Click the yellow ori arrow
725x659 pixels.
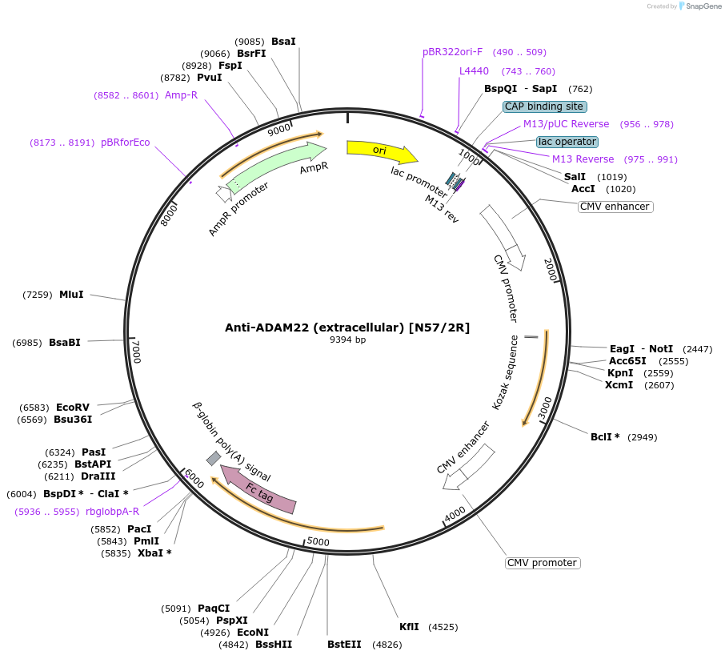click(x=381, y=151)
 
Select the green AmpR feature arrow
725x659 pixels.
click(x=276, y=166)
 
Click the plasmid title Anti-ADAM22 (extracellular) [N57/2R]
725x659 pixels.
click(x=347, y=327)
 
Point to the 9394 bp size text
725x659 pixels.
click(x=347, y=340)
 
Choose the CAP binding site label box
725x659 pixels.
click(x=545, y=106)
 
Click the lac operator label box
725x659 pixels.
click(x=567, y=142)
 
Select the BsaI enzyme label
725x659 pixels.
click(x=283, y=41)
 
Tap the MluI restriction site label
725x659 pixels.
click(x=71, y=295)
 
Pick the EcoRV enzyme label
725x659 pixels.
click(x=73, y=408)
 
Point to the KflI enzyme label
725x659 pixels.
click(x=409, y=627)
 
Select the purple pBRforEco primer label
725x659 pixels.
click(x=126, y=143)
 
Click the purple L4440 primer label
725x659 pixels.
click(x=474, y=71)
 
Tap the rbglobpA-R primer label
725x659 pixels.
click(x=112, y=512)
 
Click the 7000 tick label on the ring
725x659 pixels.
click(x=137, y=352)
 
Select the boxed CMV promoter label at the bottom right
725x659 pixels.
click(x=543, y=563)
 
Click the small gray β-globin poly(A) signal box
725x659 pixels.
click(x=214, y=458)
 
